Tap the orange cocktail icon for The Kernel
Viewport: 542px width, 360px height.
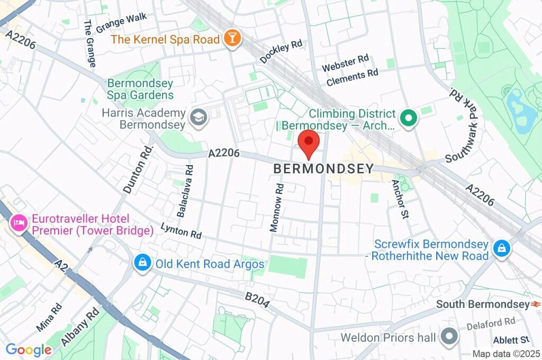[x=231, y=38]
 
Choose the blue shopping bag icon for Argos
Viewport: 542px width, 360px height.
[x=141, y=263]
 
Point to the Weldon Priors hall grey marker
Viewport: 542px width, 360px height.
[x=449, y=337]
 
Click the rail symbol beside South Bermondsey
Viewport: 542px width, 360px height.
[x=536, y=304]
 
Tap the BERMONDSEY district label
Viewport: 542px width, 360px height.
[x=323, y=168]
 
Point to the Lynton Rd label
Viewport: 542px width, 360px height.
[x=182, y=230]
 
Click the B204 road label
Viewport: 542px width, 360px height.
[x=257, y=300]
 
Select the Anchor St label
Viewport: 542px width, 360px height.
[x=400, y=199]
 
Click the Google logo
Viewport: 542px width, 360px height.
[x=29, y=349]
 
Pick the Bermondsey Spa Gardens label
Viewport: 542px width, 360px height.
[x=140, y=89]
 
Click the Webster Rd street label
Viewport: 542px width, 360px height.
[x=345, y=64]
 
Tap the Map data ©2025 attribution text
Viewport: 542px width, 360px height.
[x=507, y=354]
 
